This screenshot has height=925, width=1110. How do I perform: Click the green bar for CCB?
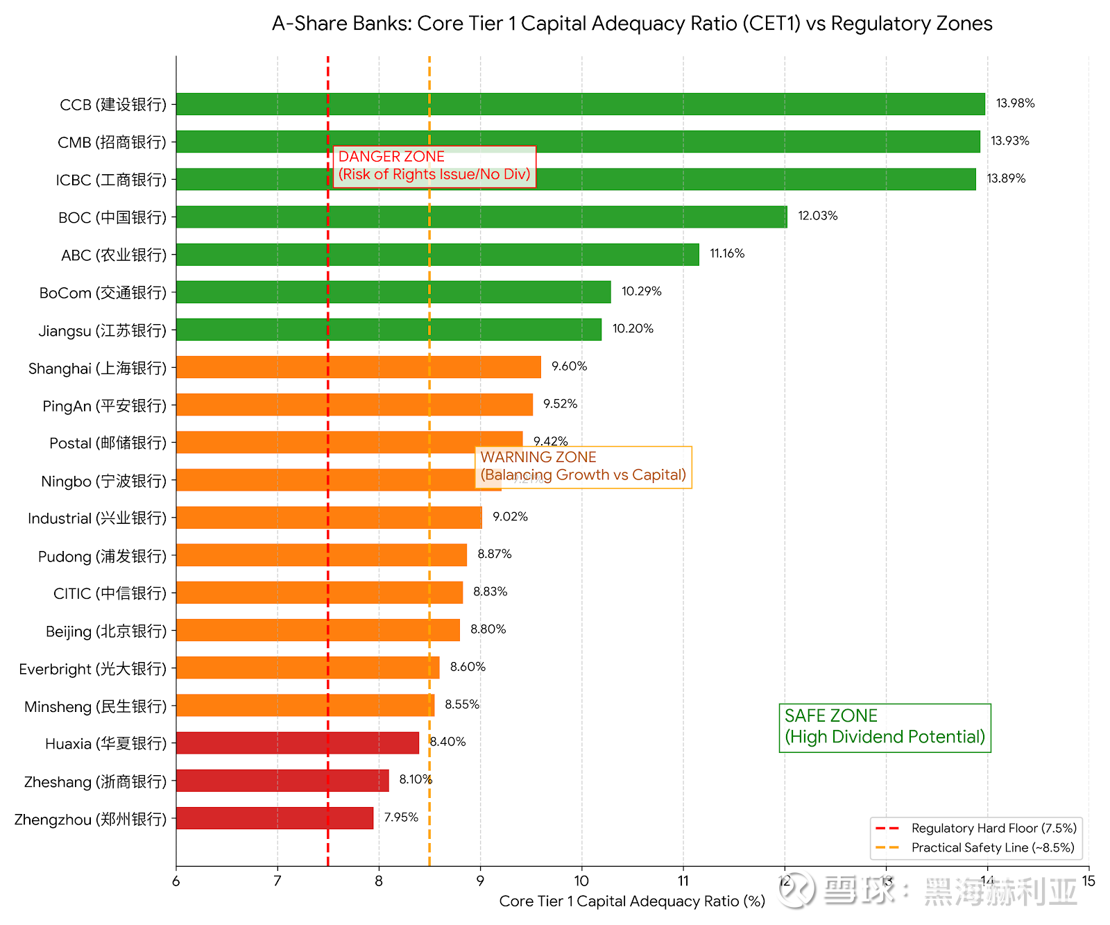[x=580, y=104]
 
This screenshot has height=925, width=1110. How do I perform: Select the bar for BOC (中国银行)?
[x=481, y=217]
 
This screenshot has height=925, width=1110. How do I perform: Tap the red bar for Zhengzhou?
[x=275, y=818]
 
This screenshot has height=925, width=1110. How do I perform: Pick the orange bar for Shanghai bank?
[x=358, y=367]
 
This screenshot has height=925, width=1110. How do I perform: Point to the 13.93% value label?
[x=1009, y=141]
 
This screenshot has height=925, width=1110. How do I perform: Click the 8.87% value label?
[x=494, y=554]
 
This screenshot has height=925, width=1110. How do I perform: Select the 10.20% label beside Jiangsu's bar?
[x=633, y=328]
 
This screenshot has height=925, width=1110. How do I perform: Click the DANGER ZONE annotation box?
[x=434, y=166]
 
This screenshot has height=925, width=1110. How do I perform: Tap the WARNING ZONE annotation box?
[x=583, y=466]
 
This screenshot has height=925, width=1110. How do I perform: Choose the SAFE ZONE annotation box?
[x=885, y=727]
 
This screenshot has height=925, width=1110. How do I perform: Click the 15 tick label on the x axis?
[x=1088, y=881]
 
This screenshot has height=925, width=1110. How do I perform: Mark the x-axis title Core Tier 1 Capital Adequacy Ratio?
[x=632, y=901]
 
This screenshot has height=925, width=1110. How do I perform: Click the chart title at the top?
[x=632, y=24]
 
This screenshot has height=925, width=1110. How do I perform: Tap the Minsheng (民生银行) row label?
[x=96, y=706]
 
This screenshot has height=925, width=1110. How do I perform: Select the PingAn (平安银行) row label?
[x=105, y=405]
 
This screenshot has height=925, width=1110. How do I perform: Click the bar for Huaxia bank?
[x=297, y=742]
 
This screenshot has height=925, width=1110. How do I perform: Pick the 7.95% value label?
[x=401, y=817]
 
